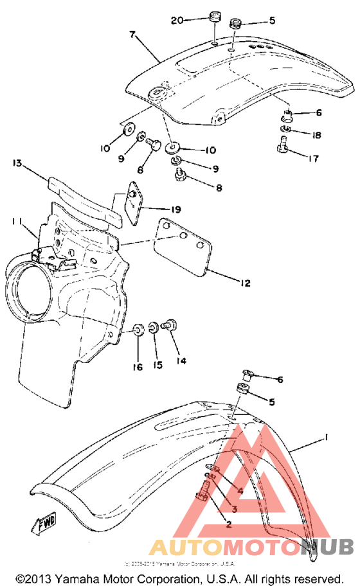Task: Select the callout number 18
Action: click(x=316, y=135)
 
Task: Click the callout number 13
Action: click(x=17, y=165)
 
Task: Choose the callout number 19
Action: click(x=176, y=209)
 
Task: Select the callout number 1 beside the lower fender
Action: click(x=327, y=438)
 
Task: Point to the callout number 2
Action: click(x=226, y=524)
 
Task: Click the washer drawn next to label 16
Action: click(x=138, y=332)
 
